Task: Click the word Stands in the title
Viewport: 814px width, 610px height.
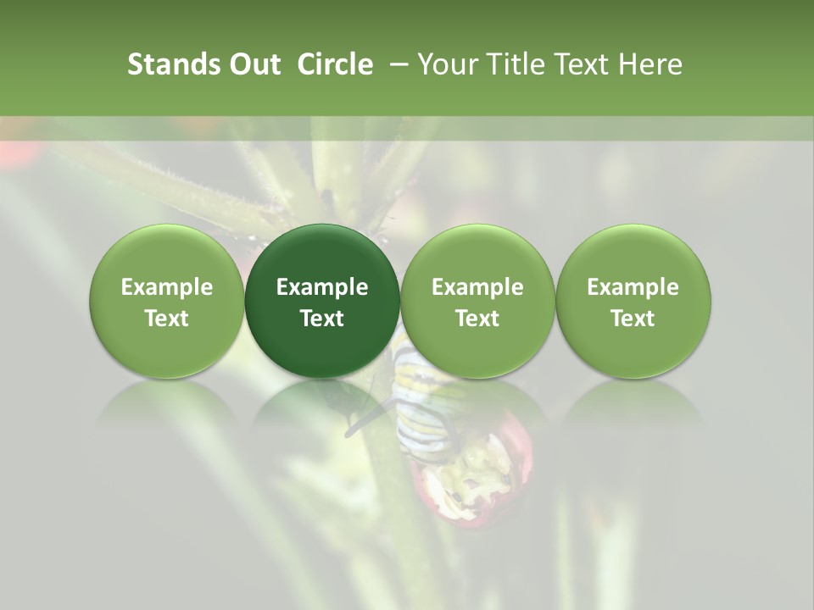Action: tap(172, 64)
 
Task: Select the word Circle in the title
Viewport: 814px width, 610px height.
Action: tap(335, 64)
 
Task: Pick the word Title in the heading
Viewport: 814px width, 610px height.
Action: tap(511, 64)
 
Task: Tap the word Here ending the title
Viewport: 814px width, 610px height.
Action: tap(650, 64)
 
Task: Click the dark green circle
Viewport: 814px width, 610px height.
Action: tap(322, 301)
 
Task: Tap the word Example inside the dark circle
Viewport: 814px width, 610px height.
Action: tap(322, 287)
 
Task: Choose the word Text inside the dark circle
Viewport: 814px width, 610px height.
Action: tap(322, 319)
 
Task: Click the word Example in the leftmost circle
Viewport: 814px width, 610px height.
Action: tap(167, 287)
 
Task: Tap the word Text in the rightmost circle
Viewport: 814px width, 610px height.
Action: tap(633, 319)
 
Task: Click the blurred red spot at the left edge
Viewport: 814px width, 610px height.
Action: tap(17, 152)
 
